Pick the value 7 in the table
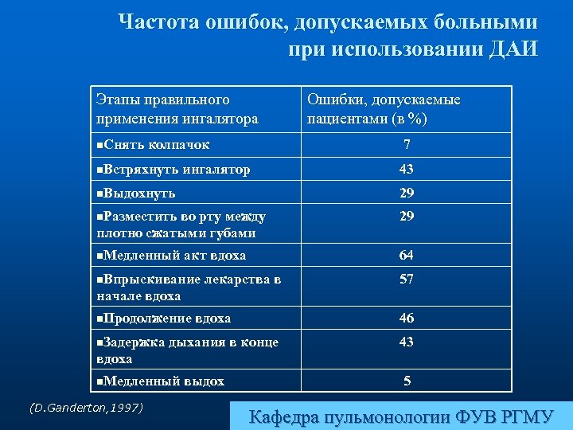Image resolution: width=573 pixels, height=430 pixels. point(407,145)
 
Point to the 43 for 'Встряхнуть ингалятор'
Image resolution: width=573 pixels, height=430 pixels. point(407,169)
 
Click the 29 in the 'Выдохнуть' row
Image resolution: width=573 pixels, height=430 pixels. point(407,193)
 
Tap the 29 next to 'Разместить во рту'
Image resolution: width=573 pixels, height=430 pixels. point(407,217)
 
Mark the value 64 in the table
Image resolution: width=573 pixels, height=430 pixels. point(407,256)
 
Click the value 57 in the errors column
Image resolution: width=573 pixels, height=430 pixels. point(407,279)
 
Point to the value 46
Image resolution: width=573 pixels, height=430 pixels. point(407,319)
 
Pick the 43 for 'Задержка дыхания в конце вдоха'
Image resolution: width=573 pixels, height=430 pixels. point(407,342)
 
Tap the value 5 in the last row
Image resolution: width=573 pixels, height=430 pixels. point(407,381)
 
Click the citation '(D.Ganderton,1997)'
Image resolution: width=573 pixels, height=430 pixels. point(86,408)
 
